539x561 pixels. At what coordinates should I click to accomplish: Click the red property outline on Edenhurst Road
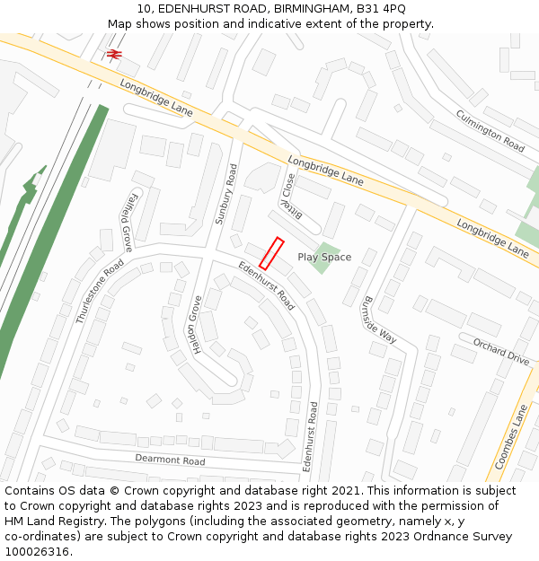tap(271, 253)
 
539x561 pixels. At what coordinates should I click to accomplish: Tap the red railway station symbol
tap(114, 55)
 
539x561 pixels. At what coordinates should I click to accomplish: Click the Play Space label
tap(324, 258)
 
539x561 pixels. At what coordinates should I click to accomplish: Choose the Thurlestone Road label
tap(100, 291)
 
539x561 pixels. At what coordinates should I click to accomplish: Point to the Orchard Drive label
tap(500, 351)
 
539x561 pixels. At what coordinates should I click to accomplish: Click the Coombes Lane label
tap(510, 437)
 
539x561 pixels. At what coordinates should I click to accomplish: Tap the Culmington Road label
tap(490, 131)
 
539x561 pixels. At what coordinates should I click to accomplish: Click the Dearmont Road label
tap(170, 460)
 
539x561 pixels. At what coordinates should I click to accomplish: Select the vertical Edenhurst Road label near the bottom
tap(310, 436)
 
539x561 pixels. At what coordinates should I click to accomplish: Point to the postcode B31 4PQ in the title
tap(380, 9)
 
